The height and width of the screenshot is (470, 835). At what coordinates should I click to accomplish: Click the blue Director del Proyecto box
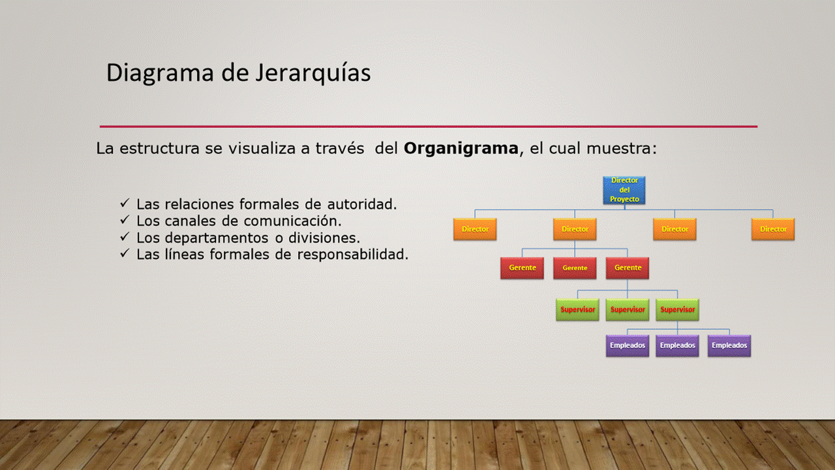pos(624,190)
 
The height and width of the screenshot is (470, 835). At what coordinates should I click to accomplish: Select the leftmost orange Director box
pos(475,229)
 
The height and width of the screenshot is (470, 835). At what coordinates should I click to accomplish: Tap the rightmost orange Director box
pos(773,229)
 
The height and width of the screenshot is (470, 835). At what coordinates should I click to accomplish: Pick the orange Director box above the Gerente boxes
pos(575,229)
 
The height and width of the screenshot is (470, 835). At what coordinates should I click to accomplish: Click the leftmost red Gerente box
pos(523,268)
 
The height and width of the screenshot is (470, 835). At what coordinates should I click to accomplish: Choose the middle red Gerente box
pos(575,268)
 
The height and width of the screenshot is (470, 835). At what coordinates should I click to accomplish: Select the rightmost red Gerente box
pos(628,268)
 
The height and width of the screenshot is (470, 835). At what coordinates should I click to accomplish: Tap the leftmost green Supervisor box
pos(578,309)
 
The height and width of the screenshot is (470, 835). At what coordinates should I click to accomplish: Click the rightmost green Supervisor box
pos(678,309)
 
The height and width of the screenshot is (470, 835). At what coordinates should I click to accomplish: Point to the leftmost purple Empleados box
pos(628,346)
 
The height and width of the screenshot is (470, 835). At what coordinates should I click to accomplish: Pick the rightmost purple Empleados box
pos(729,346)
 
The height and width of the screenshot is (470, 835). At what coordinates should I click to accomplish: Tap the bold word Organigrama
pos(461,149)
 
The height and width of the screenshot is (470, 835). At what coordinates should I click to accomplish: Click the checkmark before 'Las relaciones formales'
pos(125,203)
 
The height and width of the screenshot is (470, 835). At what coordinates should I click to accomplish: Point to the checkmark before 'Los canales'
pos(125,220)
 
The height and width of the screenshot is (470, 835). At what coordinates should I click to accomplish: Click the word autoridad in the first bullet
pos(362,204)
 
